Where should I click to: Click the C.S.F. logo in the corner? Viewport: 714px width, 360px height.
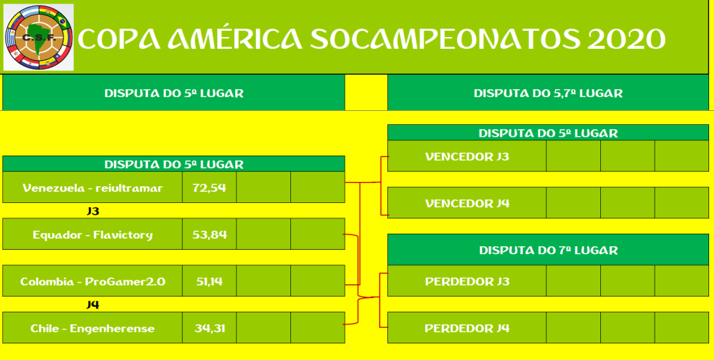click(38, 37)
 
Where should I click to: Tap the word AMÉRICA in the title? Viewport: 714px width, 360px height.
click(235, 38)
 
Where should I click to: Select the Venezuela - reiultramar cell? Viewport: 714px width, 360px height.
click(92, 187)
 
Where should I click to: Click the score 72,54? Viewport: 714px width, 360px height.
click(209, 187)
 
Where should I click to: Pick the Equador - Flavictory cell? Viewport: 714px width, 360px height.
click(92, 234)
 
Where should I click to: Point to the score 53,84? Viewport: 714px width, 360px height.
click(209, 234)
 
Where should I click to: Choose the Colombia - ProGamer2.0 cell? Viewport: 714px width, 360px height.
click(92, 280)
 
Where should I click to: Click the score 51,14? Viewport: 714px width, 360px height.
click(209, 280)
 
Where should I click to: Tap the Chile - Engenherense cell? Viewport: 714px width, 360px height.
click(92, 328)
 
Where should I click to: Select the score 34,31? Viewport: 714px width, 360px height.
click(209, 328)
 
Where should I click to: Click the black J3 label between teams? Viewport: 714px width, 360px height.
click(93, 211)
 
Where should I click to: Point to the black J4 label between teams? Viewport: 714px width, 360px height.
click(93, 304)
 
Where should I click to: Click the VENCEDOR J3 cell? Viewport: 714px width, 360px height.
click(467, 156)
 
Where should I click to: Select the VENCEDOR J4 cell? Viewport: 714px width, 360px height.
click(467, 203)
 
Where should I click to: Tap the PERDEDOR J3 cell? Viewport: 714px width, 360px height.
click(467, 280)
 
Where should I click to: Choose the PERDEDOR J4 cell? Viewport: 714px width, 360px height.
click(467, 328)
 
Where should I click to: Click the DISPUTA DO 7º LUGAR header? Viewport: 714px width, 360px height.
click(549, 250)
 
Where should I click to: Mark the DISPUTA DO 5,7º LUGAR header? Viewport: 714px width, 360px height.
click(549, 93)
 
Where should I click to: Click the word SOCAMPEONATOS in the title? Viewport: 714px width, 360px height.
click(445, 39)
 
